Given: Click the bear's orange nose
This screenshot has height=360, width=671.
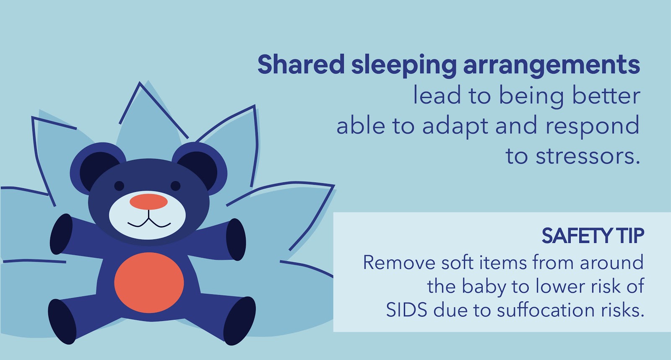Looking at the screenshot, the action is click(148, 202).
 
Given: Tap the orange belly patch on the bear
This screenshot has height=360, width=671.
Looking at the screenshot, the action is click(149, 282).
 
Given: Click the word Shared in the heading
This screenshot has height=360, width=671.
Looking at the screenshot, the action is click(301, 65).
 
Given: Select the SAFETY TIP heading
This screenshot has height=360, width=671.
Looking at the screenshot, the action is click(593, 236).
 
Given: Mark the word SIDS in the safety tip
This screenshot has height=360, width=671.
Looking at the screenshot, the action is click(406, 310).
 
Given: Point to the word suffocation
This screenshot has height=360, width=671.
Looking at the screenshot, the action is click(546, 310).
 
